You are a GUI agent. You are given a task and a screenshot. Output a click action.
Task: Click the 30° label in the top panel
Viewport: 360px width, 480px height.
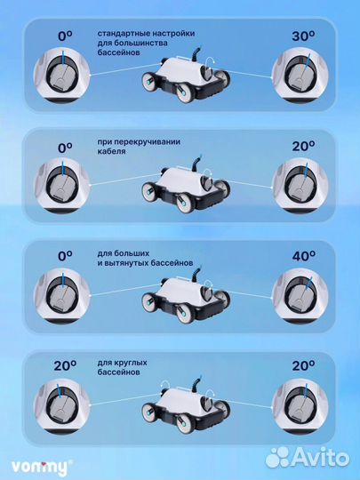[x=303, y=36]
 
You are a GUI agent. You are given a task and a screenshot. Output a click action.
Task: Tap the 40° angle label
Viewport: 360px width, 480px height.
[x=303, y=256]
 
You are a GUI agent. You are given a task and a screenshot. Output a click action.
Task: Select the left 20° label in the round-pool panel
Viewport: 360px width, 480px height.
[x=65, y=365]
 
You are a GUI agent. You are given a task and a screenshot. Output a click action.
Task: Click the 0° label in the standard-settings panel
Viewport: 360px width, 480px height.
[x=65, y=36]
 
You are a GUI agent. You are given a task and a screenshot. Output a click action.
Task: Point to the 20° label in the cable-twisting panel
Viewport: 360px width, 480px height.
[x=303, y=147]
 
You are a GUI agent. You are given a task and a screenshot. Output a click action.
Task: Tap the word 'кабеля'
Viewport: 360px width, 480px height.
[x=111, y=151]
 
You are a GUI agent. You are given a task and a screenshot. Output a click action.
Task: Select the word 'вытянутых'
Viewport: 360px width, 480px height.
[x=126, y=263]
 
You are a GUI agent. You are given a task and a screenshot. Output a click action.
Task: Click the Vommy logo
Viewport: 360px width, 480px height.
[x=40, y=468]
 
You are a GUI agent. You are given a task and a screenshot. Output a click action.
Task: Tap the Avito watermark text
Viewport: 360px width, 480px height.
[x=321, y=458]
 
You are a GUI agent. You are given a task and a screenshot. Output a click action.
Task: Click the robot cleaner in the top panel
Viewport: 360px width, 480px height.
[x=186, y=76]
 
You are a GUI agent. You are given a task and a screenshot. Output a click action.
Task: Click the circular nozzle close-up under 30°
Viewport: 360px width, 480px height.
[x=300, y=76]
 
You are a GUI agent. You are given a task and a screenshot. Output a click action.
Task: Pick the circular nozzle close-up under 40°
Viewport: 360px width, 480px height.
[x=300, y=296]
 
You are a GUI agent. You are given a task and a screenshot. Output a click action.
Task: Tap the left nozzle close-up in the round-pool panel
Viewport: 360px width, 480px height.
[x=61, y=406]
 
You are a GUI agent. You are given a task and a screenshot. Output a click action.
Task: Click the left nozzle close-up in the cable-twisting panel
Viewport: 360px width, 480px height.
[x=61, y=186]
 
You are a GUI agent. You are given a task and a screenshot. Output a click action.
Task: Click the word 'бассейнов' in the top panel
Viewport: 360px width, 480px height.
[x=119, y=52]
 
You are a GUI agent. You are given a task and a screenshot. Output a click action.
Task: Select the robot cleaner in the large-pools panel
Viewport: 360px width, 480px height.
[x=186, y=297]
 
